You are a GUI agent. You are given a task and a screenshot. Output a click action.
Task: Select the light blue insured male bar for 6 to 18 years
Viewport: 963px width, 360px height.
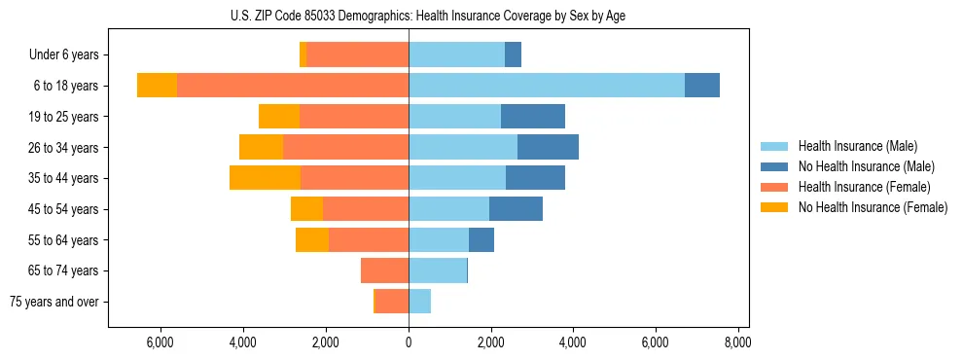(546, 86)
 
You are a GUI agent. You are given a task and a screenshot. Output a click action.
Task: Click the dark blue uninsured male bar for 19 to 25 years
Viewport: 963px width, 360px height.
(532, 117)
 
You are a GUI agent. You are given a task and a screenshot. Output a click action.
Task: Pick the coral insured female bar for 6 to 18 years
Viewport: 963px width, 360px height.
(293, 86)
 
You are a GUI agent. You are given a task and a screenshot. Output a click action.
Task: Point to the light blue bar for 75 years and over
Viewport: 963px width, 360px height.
(419, 302)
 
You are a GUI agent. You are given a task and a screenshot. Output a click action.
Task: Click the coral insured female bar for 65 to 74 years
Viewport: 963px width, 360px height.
(384, 270)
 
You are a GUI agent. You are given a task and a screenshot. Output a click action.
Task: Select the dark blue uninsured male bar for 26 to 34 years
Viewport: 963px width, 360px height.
(548, 148)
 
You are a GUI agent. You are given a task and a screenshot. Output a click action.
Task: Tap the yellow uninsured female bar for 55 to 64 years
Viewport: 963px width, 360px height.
(312, 240)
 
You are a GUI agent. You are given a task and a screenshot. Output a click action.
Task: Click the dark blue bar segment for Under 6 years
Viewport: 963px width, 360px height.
(513, 55)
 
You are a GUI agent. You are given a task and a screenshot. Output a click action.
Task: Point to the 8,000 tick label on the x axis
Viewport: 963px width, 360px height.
(737, 342)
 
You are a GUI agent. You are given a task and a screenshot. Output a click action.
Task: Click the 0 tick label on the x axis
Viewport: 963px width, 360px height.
(409, 342)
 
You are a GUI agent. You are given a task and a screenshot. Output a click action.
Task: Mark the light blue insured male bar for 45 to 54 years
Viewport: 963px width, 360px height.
(448, 209)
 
